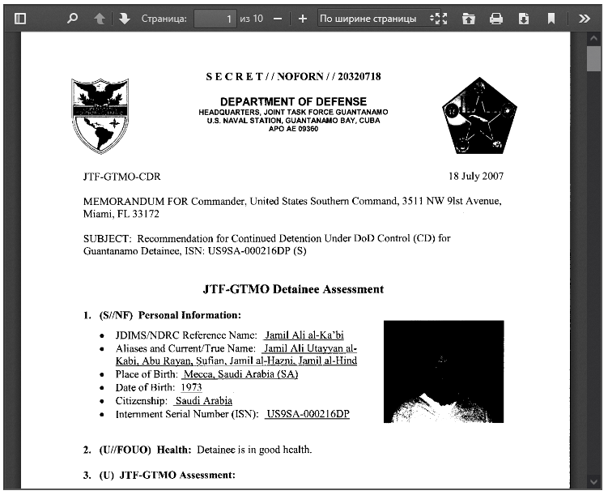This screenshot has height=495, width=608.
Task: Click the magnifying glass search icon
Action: (72, 18)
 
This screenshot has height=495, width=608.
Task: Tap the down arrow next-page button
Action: (124, 18)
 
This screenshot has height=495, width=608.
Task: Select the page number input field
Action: (215, 18)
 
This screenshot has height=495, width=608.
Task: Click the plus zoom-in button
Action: (303, 18)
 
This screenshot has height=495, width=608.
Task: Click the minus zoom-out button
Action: (278, 18)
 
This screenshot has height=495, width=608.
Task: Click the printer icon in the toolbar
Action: (496, 18)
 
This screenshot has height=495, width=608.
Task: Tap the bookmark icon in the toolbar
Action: (551, 18)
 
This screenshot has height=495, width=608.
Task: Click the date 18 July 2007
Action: (476, 176)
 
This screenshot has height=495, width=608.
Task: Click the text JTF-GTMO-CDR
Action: (115, 176)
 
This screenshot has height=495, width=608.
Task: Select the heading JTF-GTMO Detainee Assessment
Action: (293, 289)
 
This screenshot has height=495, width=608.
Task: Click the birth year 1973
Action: (191, 387)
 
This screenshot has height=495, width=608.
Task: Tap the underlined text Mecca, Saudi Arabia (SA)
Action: (240, 374)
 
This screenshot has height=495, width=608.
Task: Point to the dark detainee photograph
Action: (444, 371)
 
